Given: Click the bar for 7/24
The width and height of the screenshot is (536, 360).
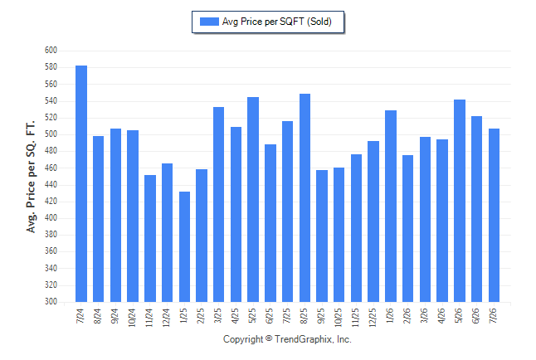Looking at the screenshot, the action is pos(81,183).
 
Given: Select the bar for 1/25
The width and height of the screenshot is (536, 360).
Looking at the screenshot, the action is pos(184,247).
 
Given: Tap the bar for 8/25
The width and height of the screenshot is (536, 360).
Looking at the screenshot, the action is pos(305,198).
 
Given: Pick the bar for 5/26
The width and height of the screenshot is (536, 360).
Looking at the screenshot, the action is pos(460,201).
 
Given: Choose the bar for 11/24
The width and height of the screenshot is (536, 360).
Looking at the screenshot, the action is pos(150,239).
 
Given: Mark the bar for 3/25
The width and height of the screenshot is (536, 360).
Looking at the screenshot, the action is pos(219,204).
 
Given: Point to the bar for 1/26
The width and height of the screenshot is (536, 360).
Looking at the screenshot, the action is pos(391,207).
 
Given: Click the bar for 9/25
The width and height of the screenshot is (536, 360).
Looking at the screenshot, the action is pos(322,236).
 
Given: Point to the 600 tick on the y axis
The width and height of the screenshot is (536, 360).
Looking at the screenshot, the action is pos(51,51).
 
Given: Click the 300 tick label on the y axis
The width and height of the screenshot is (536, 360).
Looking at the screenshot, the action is pos(51,302).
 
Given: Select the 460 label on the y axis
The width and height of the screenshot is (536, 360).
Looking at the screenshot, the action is pos(51,168).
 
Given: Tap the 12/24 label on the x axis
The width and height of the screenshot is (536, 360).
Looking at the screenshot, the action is pos(167,318).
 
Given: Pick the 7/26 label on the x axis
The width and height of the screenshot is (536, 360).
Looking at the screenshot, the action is pos(494,315).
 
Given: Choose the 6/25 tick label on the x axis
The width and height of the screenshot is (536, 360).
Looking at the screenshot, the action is pos(270,315).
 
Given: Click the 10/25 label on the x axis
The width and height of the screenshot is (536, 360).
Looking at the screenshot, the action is pos(339,318).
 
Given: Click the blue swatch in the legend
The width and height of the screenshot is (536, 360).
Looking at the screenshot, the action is pos(209,22).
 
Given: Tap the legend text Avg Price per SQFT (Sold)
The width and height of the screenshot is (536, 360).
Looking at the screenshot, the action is pos(277,22).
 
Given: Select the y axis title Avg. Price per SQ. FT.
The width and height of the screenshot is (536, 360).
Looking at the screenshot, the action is pos(31,177).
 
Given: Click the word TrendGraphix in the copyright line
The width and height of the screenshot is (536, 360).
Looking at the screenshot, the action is pos(304,339).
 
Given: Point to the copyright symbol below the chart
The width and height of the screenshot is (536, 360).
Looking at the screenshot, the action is pos(269,338).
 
